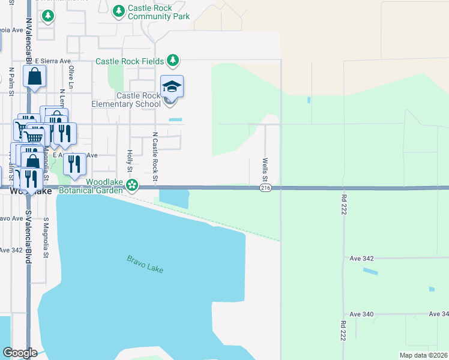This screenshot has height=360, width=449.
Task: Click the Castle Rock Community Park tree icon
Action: [x=119, y=10]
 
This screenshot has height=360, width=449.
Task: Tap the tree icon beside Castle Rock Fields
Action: [x=173, y=60]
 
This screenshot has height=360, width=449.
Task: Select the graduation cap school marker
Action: [x=172, y=88]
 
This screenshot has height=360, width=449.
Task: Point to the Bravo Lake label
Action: [x=145, y=264]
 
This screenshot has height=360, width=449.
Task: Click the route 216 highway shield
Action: [x=265, y=188]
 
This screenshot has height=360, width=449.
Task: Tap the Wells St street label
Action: [x=265, y=170]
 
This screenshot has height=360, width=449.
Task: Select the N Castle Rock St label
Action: [x=155, y=157]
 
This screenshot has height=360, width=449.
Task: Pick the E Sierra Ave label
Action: [x=53, y=61]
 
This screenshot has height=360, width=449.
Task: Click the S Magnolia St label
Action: [x=46, y=238]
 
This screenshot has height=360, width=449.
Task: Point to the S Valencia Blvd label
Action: [x=28, y=238]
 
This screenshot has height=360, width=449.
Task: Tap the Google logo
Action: [x=20, y=353]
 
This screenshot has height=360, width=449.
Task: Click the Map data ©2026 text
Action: [x=423, y=355]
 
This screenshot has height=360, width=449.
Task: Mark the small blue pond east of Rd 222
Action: [x=370, y=271]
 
